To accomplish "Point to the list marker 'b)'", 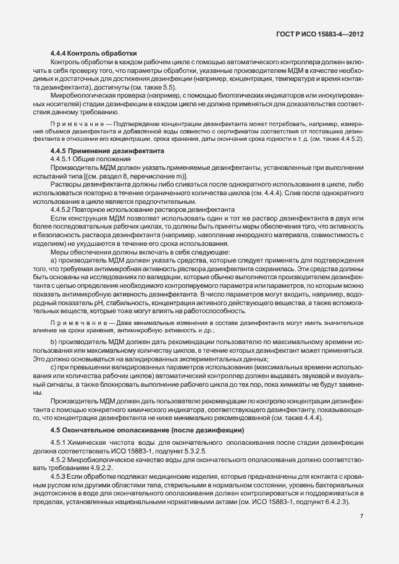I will click(x=54, y=342).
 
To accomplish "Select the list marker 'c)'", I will click(x=54, y=367).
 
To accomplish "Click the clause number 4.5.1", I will click(x=59, y=444).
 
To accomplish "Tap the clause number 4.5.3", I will click(x=59, y=479).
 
